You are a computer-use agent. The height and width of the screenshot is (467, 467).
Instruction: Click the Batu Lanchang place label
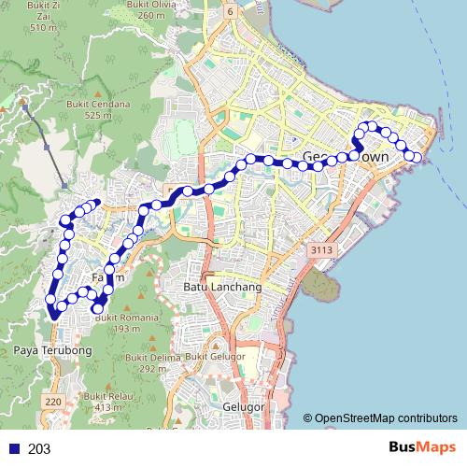[222, 287]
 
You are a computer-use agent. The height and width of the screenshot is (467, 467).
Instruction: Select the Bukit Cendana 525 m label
[104, 110]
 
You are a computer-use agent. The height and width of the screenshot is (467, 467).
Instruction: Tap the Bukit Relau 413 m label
[104, 402]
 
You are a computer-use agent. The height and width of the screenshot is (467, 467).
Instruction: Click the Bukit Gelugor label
[207, 357]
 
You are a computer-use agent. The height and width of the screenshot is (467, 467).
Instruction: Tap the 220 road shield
[52, 402]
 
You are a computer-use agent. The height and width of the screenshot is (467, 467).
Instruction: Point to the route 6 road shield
[255, 9]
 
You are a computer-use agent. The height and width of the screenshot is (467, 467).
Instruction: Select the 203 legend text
[39, 449]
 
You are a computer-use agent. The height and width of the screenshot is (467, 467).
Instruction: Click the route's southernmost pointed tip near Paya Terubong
[54, 318]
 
